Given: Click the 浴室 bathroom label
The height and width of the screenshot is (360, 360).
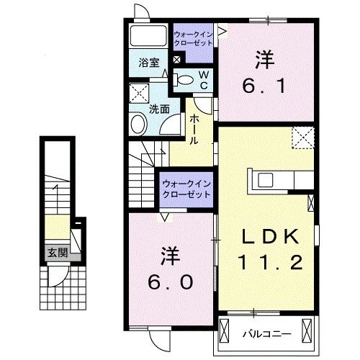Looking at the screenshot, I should (150, 62).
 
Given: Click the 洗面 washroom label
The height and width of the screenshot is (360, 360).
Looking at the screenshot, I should (158, 109).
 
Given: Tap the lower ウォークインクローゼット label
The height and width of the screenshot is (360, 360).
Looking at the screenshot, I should (186, 189).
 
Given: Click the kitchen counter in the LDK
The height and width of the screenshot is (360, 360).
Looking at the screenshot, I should (282, 179).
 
